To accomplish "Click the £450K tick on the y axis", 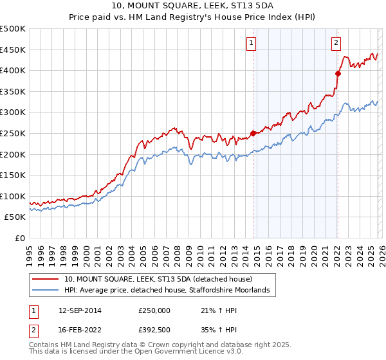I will (13, 50).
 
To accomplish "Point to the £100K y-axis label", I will (13, 196).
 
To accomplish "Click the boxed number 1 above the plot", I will (250, 43).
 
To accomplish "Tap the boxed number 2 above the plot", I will (336, 43).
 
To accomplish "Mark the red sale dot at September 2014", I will (253, 134).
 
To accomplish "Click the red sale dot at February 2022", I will (337, 73).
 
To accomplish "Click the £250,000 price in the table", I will (154, 310).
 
